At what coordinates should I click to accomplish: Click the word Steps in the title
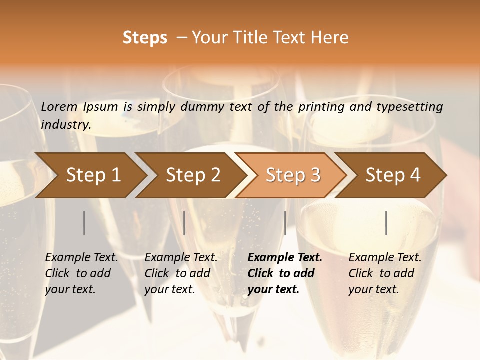tap(145, 38)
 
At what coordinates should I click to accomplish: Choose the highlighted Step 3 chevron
tap(293, 175)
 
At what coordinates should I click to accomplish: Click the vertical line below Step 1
tap(84, 223)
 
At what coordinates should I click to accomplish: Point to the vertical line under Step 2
tap(184, 223)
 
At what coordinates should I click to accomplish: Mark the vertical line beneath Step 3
tap(285, 223)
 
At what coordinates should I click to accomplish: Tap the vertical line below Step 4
tap(386, 223)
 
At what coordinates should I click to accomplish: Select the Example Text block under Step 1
tap(81, 273)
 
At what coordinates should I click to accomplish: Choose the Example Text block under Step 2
tap(181, 273)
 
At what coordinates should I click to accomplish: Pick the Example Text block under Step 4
tap(385, 273)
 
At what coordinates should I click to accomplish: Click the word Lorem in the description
tap(59, 107)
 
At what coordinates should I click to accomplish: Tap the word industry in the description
tap(66, 125)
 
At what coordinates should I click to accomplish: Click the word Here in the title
tap(332, 38)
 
